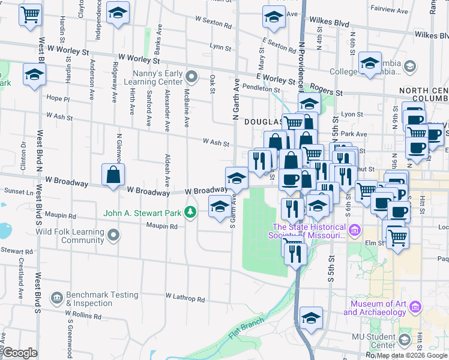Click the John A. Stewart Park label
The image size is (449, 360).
[x=142, y=212]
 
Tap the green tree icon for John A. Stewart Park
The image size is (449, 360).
[x=190, y=212]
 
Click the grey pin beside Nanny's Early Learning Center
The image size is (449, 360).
[x=191, y=76]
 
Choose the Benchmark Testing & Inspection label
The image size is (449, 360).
[x=102, y=299]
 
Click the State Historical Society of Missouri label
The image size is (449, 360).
[x=310, y=231]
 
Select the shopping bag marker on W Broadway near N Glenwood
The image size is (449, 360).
[x=113, y=176]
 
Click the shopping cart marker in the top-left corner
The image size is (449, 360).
[x=31, y=13]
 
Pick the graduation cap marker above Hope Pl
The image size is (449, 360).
[x=35, y=75]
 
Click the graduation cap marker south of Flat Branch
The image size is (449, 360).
[x=311, y=318]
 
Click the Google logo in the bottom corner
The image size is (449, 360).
[x=20, y=353]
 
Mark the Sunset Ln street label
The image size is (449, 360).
[x=14, y=193]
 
